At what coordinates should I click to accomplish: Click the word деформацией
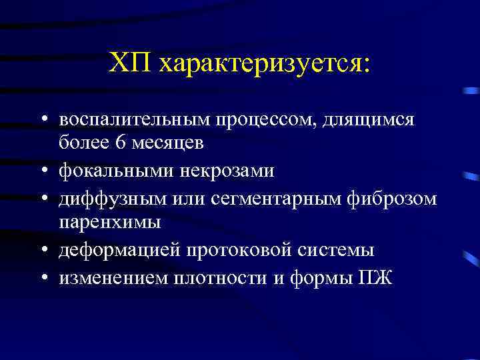click(x=121, y=251)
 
